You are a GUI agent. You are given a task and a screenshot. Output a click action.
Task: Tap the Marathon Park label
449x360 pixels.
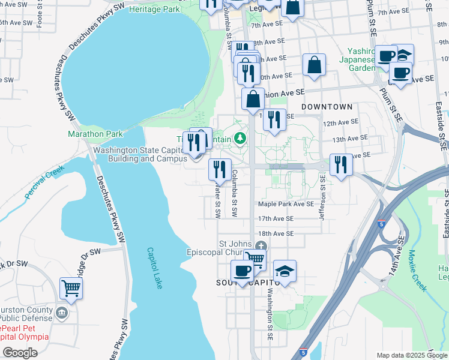click(95, 134)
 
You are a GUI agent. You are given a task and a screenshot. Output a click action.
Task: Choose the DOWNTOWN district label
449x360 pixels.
click(327, 107)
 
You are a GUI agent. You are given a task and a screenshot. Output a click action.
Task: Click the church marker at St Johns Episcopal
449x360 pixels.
click(261, 245)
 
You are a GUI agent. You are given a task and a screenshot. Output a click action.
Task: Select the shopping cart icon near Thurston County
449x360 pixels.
click(71, 288)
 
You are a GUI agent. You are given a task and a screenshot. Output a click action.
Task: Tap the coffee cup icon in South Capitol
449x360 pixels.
click(243, 271)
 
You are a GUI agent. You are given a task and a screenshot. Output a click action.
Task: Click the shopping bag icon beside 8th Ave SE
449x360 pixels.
click(315, 65)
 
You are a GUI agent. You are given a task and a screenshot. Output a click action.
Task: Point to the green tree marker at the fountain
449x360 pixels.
click(241, 139)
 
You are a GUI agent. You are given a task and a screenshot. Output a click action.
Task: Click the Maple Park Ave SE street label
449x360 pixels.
click(286, 204)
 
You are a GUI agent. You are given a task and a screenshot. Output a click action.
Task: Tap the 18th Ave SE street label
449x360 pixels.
click(276, 233)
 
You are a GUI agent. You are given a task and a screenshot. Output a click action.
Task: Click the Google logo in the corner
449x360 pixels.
click(20, 353)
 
